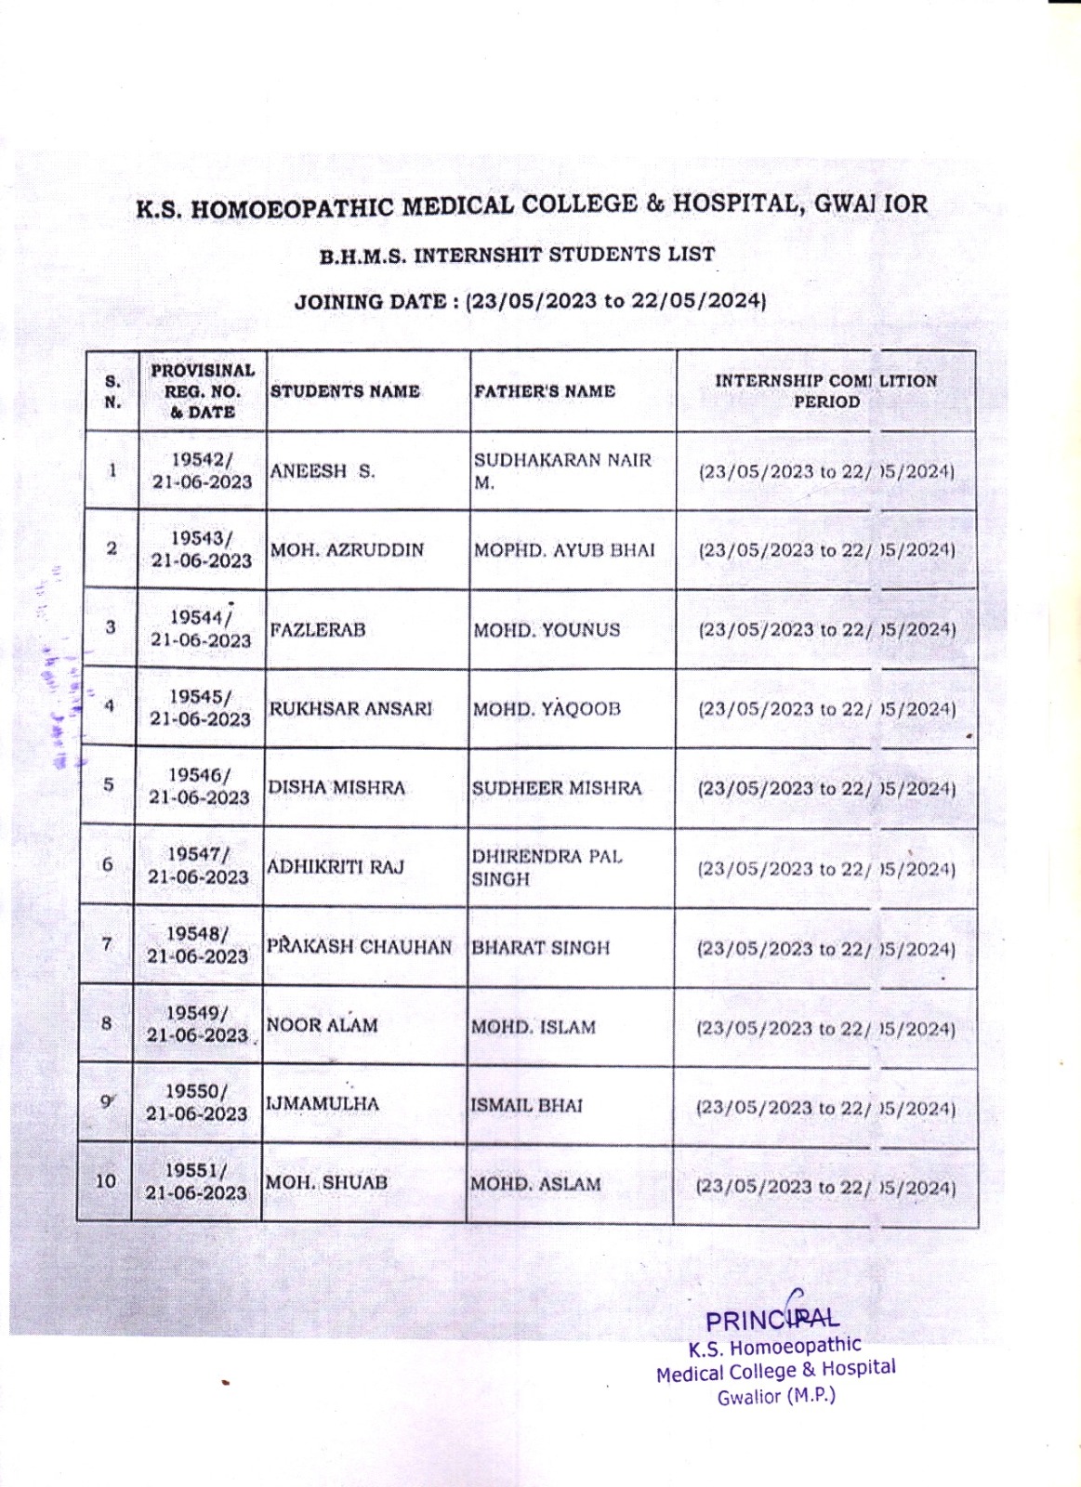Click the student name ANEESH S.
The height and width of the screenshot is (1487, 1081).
322,471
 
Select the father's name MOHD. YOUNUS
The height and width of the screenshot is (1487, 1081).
547,630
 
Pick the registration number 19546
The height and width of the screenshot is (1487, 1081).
199,775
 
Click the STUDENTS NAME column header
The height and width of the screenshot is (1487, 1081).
345,391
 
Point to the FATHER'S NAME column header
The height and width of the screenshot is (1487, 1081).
545,391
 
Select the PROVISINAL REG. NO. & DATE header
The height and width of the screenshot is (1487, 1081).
203,391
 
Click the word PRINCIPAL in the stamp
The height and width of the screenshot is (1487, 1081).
771,1320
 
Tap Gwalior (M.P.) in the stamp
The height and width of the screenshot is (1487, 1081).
776,1396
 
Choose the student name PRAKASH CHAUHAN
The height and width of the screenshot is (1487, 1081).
359,947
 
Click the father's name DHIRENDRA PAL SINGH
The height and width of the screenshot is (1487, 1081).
547,867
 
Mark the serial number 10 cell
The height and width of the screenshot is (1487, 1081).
106,1181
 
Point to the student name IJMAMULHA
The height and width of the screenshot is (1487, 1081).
323,1104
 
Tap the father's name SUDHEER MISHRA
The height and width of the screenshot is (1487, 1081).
556,788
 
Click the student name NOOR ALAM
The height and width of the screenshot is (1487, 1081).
322,1025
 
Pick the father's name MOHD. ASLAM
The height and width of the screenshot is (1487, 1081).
534,1184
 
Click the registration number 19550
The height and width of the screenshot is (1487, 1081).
196,1091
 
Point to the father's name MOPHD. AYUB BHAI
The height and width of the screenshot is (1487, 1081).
564,550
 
